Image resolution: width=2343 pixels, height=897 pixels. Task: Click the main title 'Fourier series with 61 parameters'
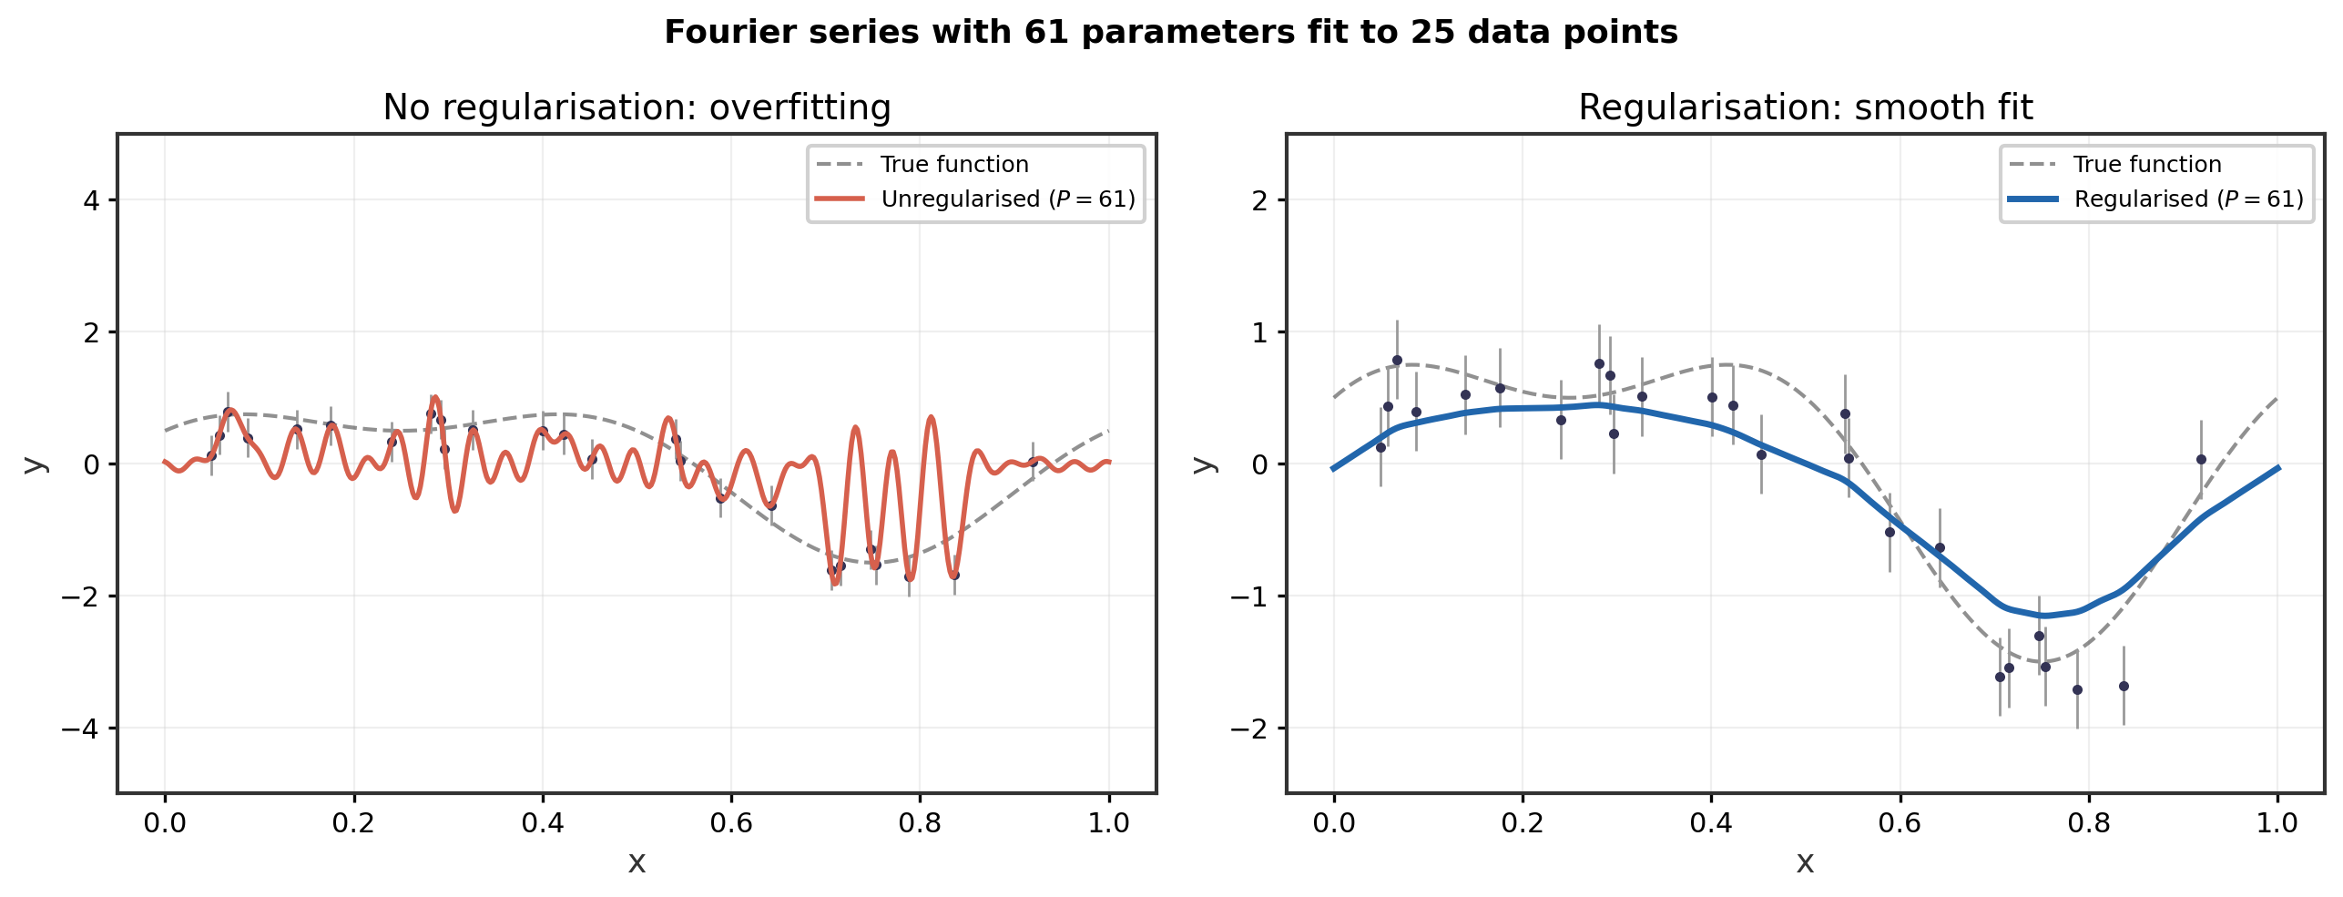pyautogui.click(x=1170, y=33)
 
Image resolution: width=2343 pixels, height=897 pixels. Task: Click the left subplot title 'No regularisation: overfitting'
pyautogui.click(x=637, y=107)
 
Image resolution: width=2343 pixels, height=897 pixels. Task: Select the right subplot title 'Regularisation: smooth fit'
pyautogui.click(x=1805, y=107)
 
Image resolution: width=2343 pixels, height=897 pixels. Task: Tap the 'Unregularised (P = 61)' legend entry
pyautogui.click(x=1007, y=199)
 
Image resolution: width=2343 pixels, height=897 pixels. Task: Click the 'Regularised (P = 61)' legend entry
pyautogui.click(x=2188, y=199)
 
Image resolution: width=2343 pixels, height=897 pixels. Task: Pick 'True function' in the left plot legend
pyautogui.click(x=953, y=165)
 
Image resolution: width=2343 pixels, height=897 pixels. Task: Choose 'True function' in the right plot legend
pyautogui.click(x=2146, y=165)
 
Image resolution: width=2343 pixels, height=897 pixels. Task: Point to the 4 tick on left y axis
pyautogui.click(x=91, y=200)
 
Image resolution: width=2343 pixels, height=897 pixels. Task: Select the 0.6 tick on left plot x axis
pyautogui.click(x=730, y=823)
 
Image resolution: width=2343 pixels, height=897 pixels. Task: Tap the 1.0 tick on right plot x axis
pyautogui.click(x=2277, y=823)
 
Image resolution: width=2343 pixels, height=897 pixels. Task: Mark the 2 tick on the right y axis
pyautogui.click(x=1260, y=200)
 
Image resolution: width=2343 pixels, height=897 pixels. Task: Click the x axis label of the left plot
pyautogui.click(x=637, y=861)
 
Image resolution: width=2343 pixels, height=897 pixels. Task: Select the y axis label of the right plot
pyautogui.click(x=1204, y=464)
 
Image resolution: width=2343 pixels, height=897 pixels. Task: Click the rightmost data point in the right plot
pyautogui.click(x=2201, y=460)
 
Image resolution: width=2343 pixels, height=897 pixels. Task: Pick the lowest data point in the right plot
pyautogui.click(x=2077, y=689)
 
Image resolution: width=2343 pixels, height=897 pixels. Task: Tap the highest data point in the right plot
pyautogui.click(x=1397, y=361)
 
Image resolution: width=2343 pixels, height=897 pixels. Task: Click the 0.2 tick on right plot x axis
pyautogui.click(x=1522, y=823)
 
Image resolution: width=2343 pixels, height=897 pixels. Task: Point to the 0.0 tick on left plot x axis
pyautogui.click(x=165, y=823)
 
